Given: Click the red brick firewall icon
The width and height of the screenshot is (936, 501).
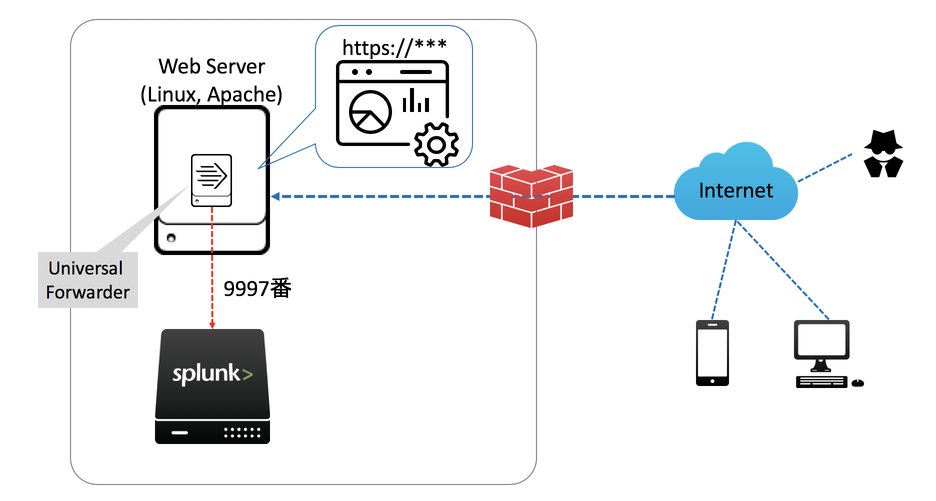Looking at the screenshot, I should tap(531, 196).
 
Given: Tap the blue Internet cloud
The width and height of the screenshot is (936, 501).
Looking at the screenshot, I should tap(735, 190).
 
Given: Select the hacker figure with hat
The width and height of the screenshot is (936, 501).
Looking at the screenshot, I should tap(883, 154).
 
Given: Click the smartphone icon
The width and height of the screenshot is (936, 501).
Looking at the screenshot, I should tap(712, 353).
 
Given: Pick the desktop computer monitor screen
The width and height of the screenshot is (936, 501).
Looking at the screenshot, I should tap(821, 339).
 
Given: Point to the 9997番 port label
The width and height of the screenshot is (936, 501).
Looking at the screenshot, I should tap(257, 288).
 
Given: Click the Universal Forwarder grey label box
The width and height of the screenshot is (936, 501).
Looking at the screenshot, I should tap(88, 280).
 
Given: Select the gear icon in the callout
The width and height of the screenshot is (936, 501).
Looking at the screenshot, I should tap(436, 144).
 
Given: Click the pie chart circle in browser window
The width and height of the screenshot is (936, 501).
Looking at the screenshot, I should tap(370, 112).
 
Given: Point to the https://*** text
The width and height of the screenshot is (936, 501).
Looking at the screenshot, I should tap(394, 47).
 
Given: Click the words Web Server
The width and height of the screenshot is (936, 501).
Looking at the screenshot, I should tap(211, 66).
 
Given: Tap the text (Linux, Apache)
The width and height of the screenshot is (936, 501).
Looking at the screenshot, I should tap(211, 94).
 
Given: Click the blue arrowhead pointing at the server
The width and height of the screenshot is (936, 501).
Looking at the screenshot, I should tap(275, 196).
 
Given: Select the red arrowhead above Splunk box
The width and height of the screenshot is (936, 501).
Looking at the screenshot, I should tap(212, 325).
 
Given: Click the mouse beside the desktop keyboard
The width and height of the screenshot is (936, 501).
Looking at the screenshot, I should tap(857, 383).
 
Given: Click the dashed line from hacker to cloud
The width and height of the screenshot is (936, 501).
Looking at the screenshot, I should tap(825, 168).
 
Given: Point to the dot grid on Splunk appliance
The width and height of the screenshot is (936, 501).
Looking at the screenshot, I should tap(242, 432).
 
